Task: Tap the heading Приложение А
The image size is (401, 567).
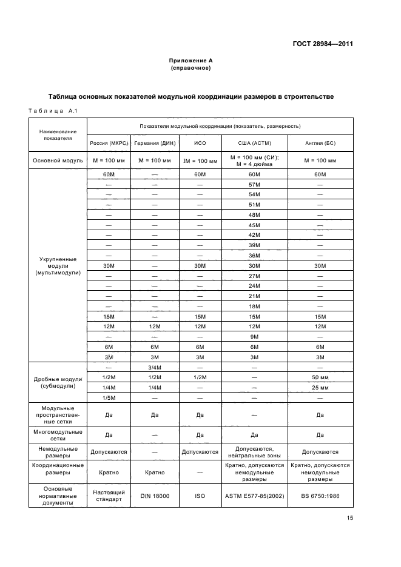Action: [x=190, y=61]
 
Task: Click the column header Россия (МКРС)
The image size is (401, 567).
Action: [x=109, y=144]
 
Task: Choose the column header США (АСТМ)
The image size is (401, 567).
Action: [x=254, y=144]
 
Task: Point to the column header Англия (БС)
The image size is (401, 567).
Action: [x=320, y=144]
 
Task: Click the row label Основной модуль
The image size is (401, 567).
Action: [x=58, y=161]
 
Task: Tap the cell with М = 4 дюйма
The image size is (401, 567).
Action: [x=254, y=164]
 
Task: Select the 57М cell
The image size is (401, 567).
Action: [x=254, y=184]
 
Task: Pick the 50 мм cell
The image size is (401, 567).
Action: [x=320, y=377]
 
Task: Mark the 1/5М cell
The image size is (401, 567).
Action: [x=109, y=397]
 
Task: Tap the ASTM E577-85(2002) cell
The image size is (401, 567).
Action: [x=254, y=496]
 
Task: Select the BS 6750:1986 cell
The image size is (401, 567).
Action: [x=320, y=496]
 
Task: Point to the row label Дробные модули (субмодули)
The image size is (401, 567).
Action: [x=58, y=382]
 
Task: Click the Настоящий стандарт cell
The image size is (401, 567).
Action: [x=109, y=496]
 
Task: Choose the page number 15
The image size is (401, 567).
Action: [x=350, y=518]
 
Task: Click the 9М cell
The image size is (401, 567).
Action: [x=254, y=336]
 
